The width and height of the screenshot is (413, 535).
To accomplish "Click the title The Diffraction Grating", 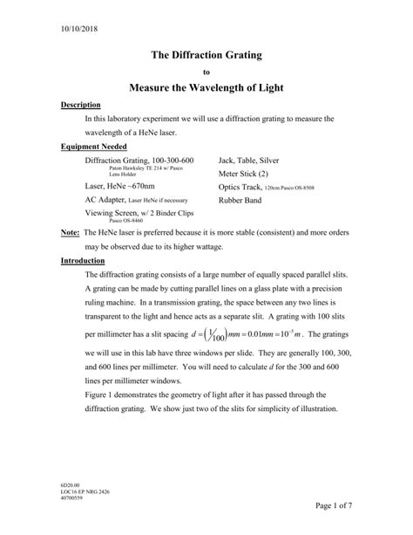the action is [x=206, y=55].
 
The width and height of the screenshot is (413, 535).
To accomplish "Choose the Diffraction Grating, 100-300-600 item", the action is [x=139, y=161].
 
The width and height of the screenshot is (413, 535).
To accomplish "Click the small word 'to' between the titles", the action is [x=206, y=72].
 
